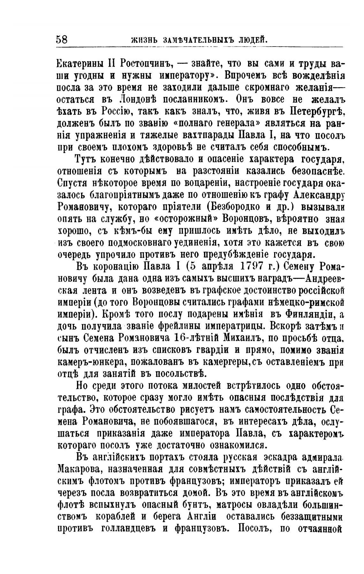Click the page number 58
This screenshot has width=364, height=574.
(x=62, y=39)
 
